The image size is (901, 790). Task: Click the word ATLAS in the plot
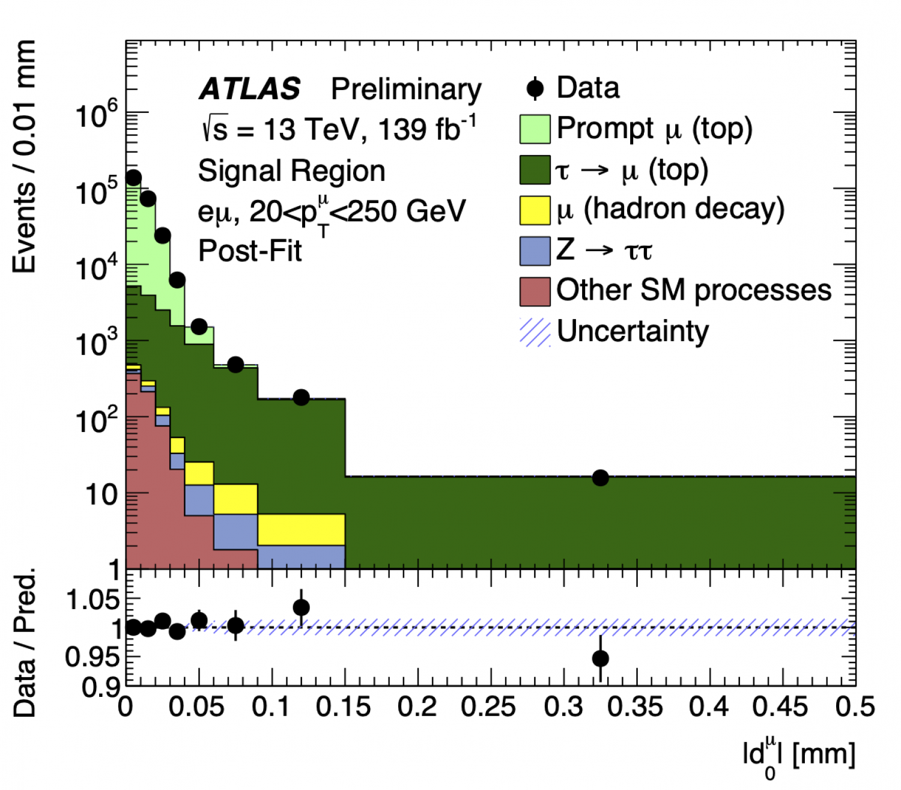pos(250,90)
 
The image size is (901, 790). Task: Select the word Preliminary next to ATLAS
pos(406,90)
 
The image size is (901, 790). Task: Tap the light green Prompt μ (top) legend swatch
pos(535,129)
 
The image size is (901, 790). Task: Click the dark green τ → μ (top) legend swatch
pos(535,170)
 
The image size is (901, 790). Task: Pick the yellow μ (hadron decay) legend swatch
pos(535,210)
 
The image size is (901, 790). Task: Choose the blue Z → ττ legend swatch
pos(535,251)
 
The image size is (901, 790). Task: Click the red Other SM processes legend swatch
pos(535,291)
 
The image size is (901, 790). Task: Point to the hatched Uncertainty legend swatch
pos(535,332)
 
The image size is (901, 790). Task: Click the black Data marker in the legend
pos(535,89)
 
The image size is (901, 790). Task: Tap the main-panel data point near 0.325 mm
pos(600,478)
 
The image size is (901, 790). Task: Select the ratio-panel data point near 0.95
pos(600,658)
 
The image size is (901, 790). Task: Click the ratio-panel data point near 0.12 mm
pos(302,607)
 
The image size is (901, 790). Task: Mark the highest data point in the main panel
pos(133,178)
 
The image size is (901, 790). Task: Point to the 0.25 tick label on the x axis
pos(488,707)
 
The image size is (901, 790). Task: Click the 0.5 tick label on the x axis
pos(855,707)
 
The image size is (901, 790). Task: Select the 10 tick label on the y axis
pos(101,495)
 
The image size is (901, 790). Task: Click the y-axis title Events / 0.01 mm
pos(25,156)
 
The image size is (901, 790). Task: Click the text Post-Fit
pos(250,251)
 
